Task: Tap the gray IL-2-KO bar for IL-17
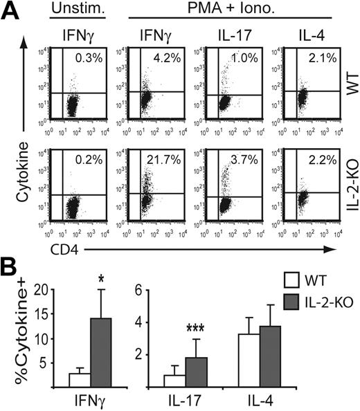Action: click(198, 371)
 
